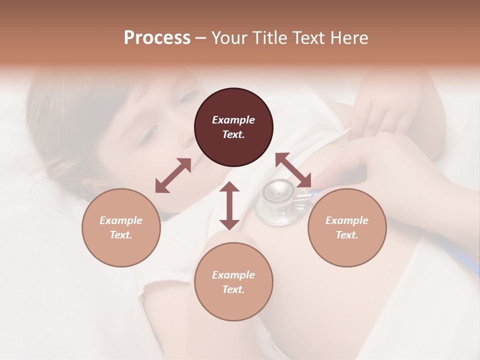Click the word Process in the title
[x=157, y=38]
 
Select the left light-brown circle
[x=121, y=227]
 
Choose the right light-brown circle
[x=347, y=227]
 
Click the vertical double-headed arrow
[x=229, y=205]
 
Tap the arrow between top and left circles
[x=173, y=175]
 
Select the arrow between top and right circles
[x=293, y=170]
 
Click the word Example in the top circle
[x=233, y=120]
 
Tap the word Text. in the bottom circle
[x=233, y=289]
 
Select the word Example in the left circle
[x=121, y=220]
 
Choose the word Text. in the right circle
[x=347, y=235]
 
